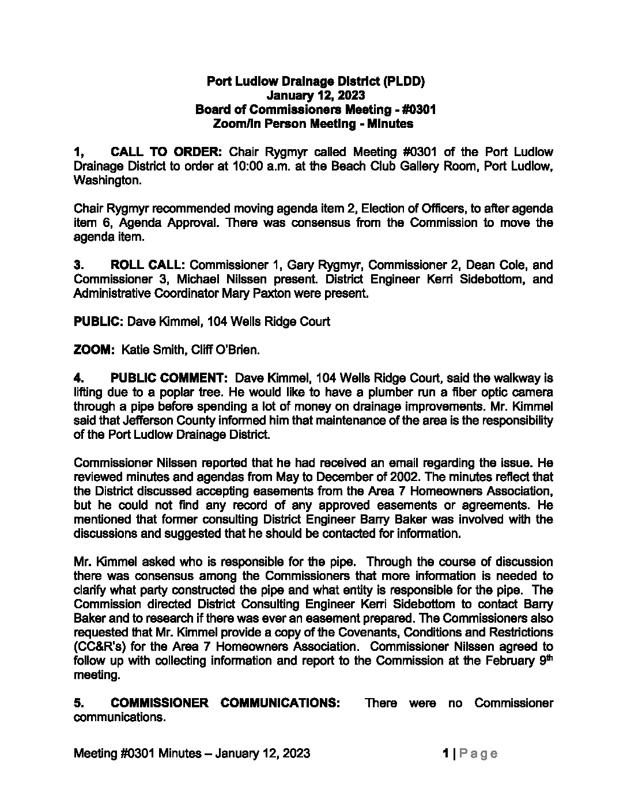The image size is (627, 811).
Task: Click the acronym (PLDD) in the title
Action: tap(403, 81)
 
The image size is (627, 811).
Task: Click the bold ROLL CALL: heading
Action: tap(148, 266)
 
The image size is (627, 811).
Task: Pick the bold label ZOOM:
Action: tap(95, 350)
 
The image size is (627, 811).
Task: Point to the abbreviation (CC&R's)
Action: tap(98, 647)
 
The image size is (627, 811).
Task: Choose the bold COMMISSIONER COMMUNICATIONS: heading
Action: tap(225, 703)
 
